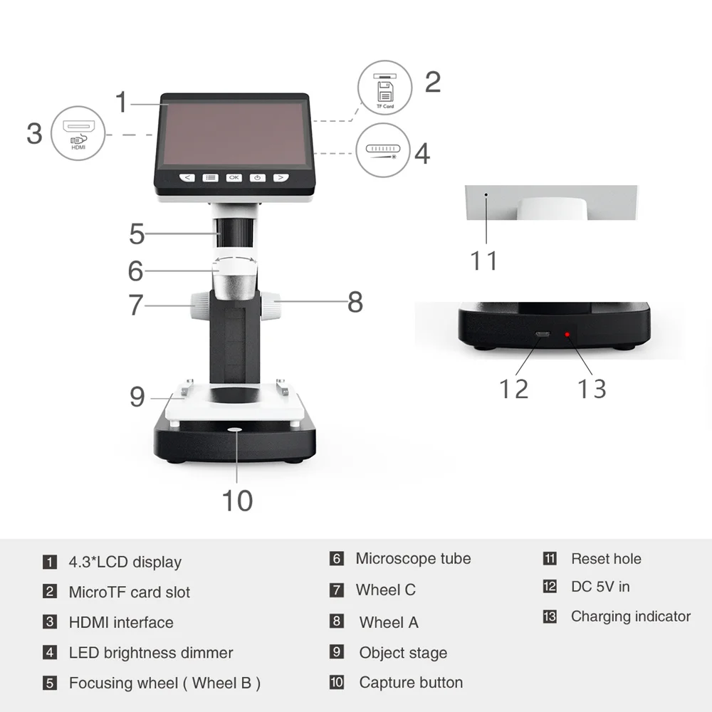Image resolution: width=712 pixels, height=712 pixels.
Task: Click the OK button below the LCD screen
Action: click(234, 177)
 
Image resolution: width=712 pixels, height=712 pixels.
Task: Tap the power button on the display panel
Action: click(258, 177)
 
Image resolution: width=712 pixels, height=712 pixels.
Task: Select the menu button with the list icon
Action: click(210, 177)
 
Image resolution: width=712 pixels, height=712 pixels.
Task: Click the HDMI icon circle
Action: click(78, 132)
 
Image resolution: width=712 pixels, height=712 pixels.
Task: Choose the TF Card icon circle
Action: click(384, 88)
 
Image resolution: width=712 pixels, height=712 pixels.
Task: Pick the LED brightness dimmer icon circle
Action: click(383, 150)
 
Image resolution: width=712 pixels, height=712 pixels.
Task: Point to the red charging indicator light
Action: click(567, 335)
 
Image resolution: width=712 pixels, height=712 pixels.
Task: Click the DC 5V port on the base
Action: click(543, 335)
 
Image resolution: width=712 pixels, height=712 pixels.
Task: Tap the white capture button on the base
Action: click(234, 429)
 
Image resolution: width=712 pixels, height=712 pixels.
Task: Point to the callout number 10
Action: click(237, 500)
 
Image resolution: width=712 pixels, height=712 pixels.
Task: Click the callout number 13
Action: click(591, 389)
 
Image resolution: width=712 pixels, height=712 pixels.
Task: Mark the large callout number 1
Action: click(122, 102)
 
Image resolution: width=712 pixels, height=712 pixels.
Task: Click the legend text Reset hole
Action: click(606, 559)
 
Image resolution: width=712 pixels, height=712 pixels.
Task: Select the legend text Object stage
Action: click(403, 653)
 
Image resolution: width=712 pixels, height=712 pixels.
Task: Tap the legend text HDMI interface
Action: click(121, 622)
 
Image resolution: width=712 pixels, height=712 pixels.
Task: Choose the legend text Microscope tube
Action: click(413, 559)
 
